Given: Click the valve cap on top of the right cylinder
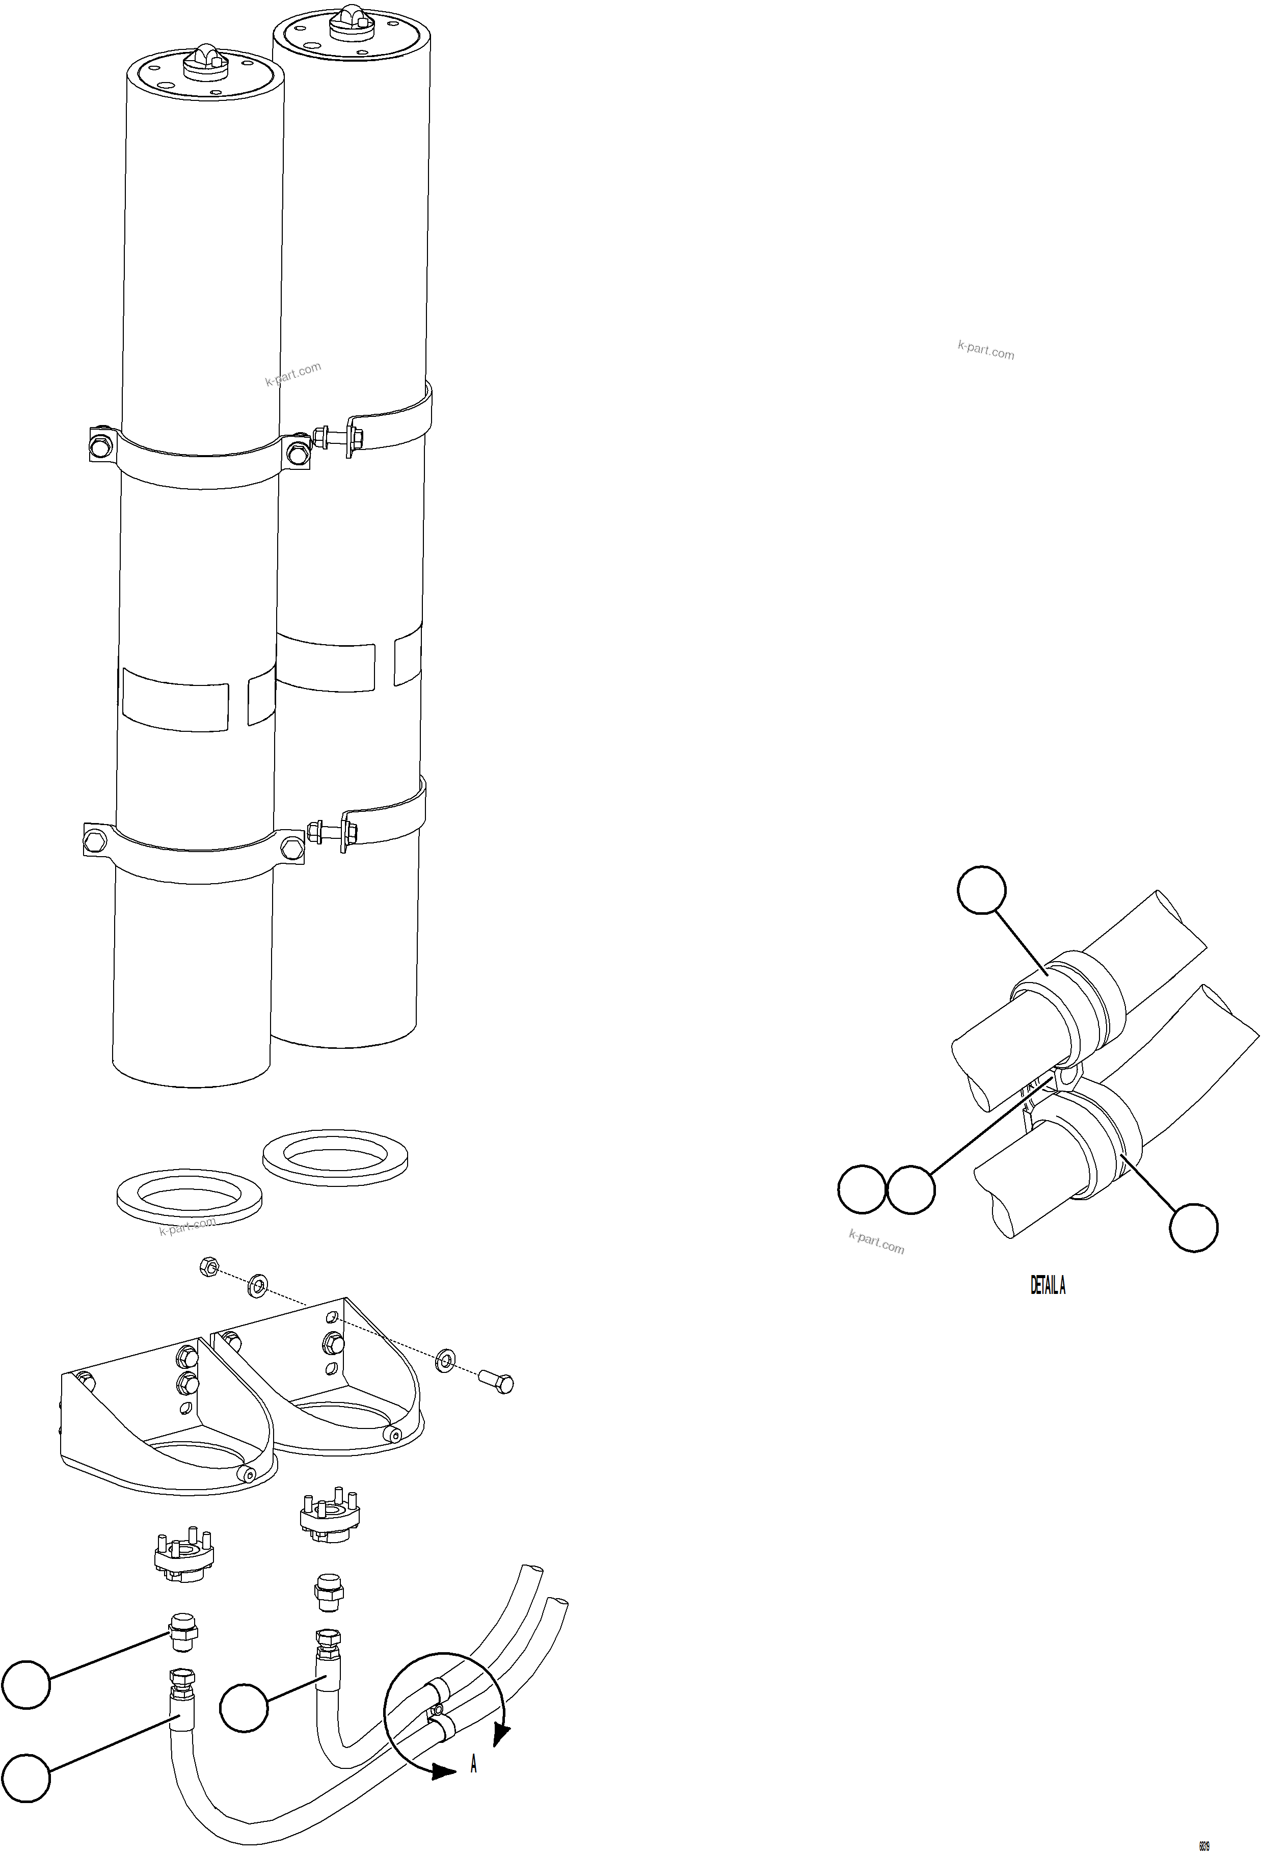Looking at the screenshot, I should tap(351, 17).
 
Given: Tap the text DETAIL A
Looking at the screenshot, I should tap(1047, 1285).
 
